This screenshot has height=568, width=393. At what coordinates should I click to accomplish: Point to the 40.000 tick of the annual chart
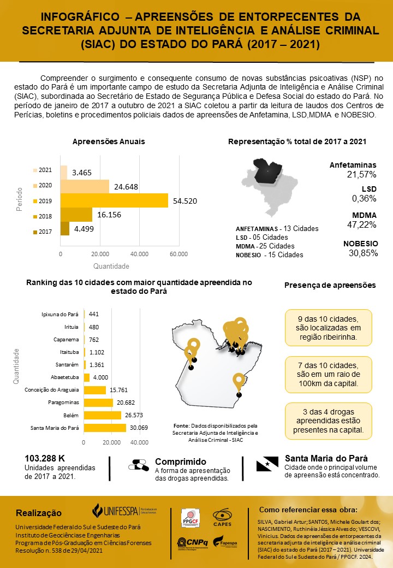[x=139, y=254]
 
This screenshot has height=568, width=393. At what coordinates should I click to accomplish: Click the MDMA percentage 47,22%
[x=362, y=224]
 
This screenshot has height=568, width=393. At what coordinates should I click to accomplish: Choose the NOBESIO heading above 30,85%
[x=360, y=244]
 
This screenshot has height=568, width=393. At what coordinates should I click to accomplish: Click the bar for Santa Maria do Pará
[x=104, y=428]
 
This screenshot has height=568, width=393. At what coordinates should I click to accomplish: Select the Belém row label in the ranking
[x=69, y=415]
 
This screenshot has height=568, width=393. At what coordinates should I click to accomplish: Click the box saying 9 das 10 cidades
[x=328, y=328]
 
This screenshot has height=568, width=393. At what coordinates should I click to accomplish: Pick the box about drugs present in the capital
[x=328, y=421]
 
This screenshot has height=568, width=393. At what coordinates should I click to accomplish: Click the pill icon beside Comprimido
[x=139, y=465]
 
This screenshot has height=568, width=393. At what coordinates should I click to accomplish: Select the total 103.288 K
[x=45, y=458]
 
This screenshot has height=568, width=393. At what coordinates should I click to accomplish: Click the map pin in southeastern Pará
[x=239, y=381]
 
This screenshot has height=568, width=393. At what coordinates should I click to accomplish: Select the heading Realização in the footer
[x=39, y=513]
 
